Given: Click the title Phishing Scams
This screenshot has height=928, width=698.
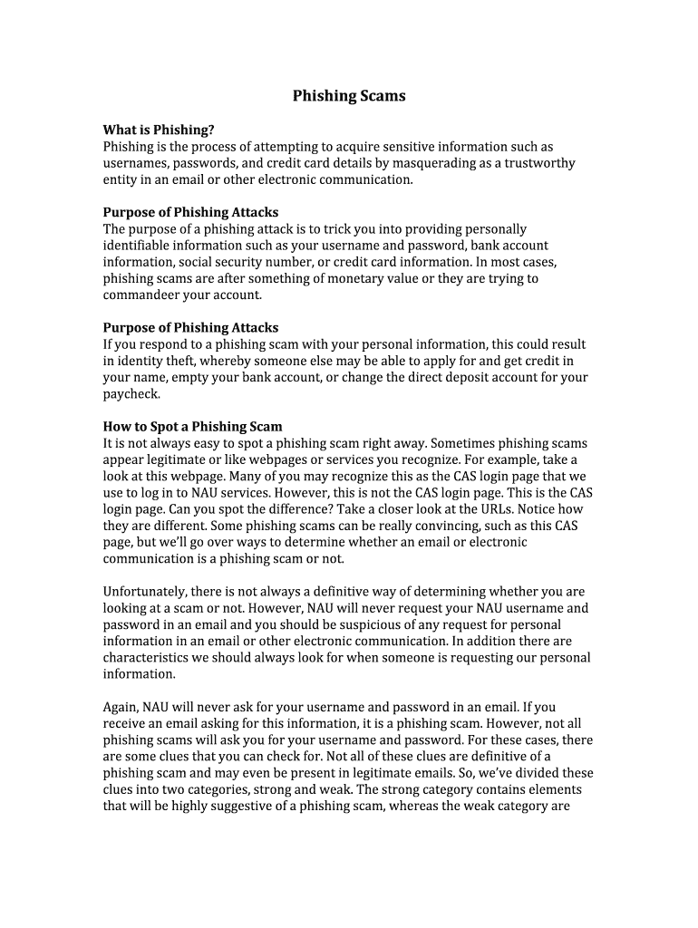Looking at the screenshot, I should point(349,96).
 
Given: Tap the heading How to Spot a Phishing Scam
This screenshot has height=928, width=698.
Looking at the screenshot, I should point(192,427).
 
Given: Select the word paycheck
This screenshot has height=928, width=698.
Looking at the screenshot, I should point(131,394).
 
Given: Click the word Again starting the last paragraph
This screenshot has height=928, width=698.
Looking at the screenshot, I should point(120,707).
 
